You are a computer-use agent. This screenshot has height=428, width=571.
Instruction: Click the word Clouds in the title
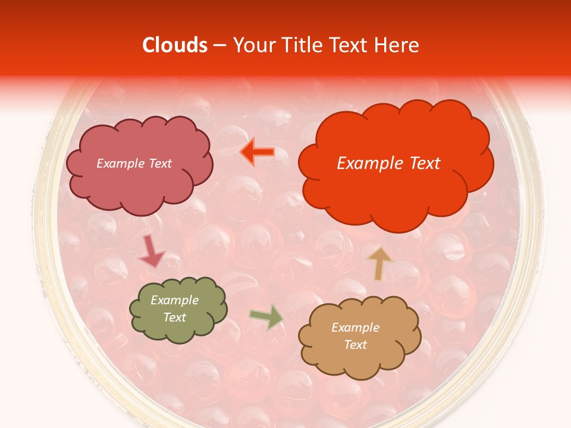tap(175, 45)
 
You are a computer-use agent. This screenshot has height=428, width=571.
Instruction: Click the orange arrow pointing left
tap(258, 152)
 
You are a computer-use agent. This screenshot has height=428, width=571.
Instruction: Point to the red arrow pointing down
tap(151, 251)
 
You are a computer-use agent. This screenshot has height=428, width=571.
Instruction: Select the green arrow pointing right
tap(267, 316)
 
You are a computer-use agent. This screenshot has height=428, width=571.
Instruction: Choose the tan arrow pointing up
tap(379, 263)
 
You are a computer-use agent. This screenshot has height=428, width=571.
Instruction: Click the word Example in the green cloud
tap(174, 300)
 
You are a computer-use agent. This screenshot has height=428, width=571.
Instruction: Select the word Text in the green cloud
tap(174, 317)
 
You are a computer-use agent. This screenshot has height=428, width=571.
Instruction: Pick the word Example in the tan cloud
tap(355, 328)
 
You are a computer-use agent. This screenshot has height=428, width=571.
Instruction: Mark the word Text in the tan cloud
tap(355, 345)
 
